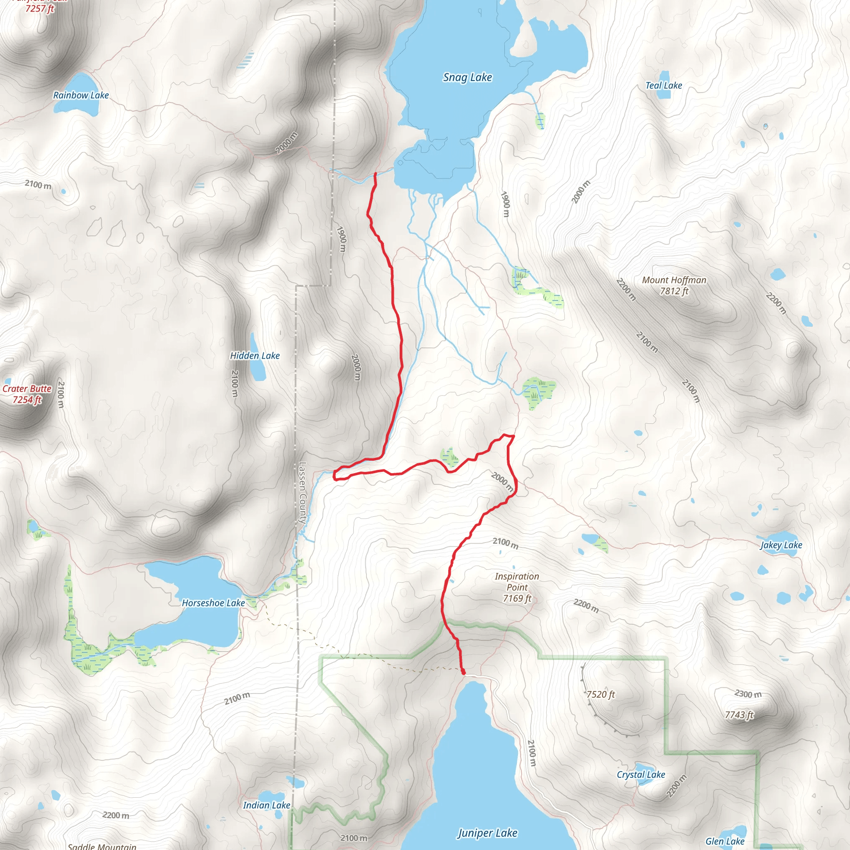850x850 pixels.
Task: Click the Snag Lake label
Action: (x=467, y=78)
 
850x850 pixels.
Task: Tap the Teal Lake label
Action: (x=664, y=85)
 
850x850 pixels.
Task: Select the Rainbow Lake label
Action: (x=81, y=95)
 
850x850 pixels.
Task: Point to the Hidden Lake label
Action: (x=255, y=356)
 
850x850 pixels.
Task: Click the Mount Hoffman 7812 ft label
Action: (x=674, y=286)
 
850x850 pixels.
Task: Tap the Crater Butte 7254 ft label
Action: (x=27, y=394)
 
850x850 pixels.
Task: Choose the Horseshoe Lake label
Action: (x=213, y=603)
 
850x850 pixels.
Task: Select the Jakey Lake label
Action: (x=781, y=545)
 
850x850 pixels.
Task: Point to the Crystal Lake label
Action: (x=640, y=775)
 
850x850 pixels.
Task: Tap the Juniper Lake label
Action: (x=488, y=833)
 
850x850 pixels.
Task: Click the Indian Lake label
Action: (x=266, y=805)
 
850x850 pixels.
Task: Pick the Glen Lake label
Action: (x=725, y=841)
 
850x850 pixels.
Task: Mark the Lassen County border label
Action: (x=302, y=493)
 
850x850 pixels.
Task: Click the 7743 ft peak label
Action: (x=739, y=715)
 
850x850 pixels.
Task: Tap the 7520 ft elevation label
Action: (x=601, y=694)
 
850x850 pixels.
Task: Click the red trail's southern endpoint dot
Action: (x=463, y=672)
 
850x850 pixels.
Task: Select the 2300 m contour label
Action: (x=748, y=694)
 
